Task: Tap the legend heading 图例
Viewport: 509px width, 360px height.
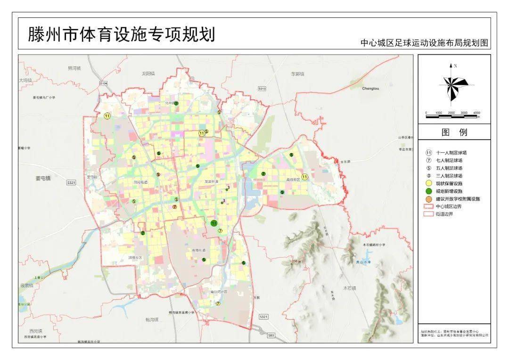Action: (x=454, y=132)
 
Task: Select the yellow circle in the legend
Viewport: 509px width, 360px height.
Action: (x=429, y=183)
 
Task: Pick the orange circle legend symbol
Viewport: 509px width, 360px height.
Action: (x=429, y=199)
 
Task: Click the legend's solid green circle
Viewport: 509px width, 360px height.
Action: (x=429, y=191)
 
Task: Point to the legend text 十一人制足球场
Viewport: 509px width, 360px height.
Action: (x=452, y=153)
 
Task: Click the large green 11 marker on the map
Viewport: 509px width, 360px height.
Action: (x=214, y=223)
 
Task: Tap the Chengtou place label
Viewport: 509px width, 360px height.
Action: (x=370, y=88)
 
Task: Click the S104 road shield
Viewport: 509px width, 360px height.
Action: (x=104, y=83)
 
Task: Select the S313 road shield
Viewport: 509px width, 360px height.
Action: (x=262, y=89)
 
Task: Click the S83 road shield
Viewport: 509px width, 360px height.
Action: (x=270, y=335)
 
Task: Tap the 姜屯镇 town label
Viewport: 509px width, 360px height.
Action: (x=43, y=178)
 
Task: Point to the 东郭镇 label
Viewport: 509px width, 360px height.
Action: (x=297, y=74)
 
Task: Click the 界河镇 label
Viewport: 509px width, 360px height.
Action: (x=74, y=68)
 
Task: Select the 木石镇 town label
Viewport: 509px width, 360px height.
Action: (x=350, y=287)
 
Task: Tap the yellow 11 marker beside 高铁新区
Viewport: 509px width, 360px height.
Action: (x=305, y=177)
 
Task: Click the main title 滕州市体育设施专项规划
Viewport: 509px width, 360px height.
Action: (x=122, y=34)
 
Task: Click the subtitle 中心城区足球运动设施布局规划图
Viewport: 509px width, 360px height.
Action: (x=424, y=43)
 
